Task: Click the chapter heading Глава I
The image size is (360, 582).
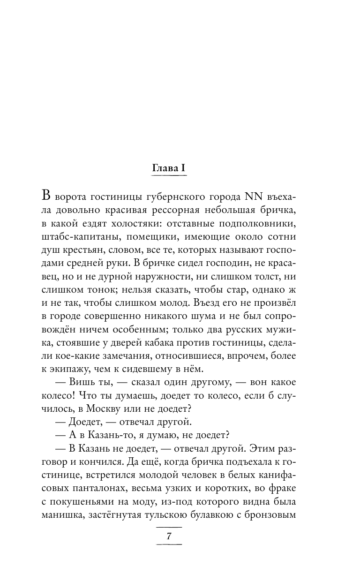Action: coord(170,168)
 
